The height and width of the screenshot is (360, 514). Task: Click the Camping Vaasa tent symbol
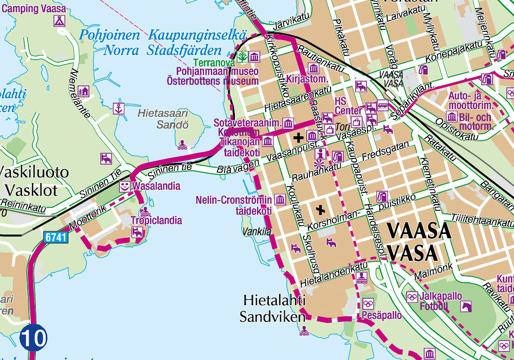click(x=60, y=21)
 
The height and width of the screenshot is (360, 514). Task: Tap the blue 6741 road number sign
click(x=56, y=238)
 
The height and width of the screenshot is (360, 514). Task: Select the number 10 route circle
click(x=33, y=338)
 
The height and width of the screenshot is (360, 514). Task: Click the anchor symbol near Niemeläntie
click(x=119, y=109)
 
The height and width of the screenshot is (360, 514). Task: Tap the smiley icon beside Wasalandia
click(x=125, y=186)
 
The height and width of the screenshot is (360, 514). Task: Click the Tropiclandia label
click(x=156, y=221)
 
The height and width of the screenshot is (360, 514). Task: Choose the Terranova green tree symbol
click(x=243, y=57)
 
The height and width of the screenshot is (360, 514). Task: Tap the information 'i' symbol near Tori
click(x=321, y=153)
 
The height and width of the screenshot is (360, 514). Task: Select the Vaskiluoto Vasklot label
click(x=34, y=181)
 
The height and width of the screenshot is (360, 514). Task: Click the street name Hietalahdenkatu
click(x=334, y=274)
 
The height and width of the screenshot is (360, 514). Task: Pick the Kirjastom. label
click(x=307, y=79)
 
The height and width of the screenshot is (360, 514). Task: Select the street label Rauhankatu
click(x=317, y=172)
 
